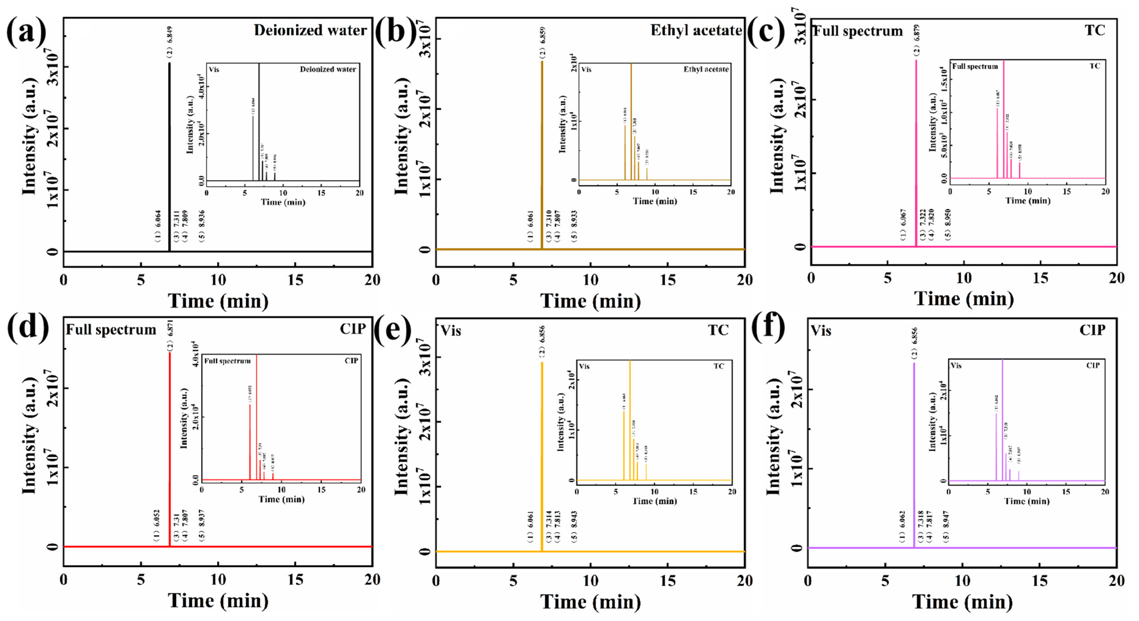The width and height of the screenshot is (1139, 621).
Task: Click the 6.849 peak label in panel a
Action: pos(169,42)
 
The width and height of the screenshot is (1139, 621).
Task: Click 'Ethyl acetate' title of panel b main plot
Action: pos(696,30)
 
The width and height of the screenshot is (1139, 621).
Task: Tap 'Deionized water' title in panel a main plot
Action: pos(310,30)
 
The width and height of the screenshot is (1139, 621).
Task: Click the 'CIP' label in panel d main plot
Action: pos(352,329)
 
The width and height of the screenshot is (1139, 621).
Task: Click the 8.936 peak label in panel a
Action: pos(202,226)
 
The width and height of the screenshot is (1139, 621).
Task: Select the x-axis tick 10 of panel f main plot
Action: pos(963,580)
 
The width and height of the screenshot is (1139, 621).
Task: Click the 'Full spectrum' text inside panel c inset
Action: pos(975,66)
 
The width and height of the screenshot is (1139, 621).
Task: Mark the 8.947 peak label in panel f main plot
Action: pos(946,526)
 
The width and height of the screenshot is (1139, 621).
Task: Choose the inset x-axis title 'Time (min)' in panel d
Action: pos(281,499)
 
